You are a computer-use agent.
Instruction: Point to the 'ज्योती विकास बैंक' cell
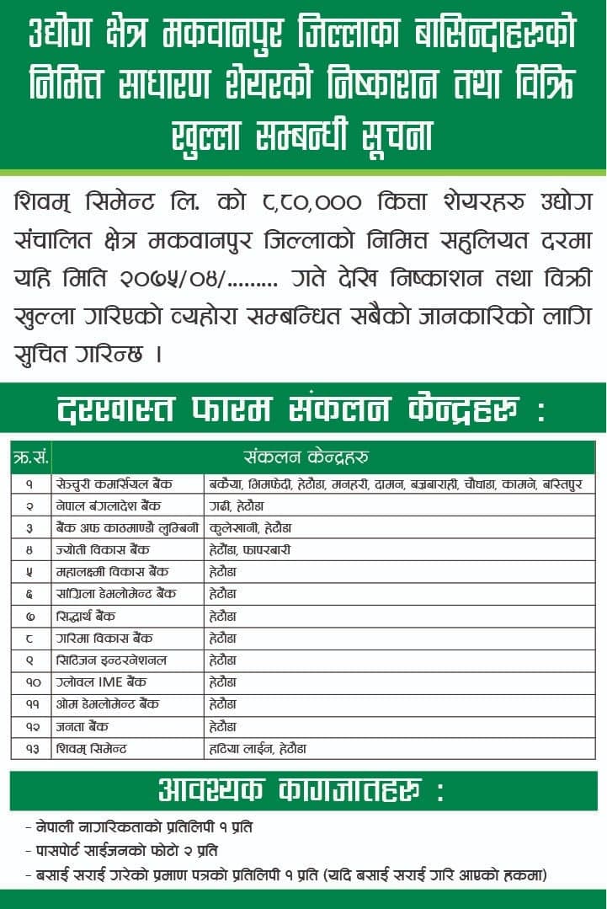[104, 549]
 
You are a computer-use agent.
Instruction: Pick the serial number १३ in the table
[29, 747]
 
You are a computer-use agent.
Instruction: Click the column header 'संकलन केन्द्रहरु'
[306, 457]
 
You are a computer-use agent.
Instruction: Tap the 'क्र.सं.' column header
[30, 457]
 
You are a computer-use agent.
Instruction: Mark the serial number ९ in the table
[29, 660]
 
